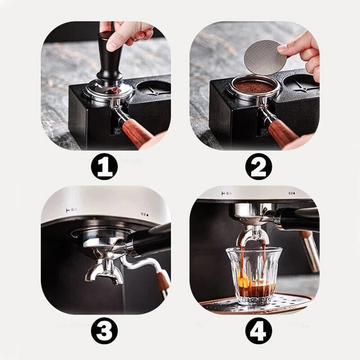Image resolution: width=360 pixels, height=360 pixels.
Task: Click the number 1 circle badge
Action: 104,167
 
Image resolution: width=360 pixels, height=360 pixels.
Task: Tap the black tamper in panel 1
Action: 108,63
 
